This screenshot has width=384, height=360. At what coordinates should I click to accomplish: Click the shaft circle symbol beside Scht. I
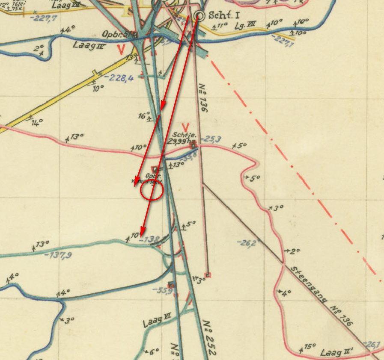pyautogui.click(x=199, y=16)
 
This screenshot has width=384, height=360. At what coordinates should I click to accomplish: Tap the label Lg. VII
pyautogui.click(x=245, y=27)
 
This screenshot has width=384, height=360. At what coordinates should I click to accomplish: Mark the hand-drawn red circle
pyautogui.click(x=152, y=190)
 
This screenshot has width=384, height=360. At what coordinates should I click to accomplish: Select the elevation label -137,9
pyautogui.click(x=57, y=255)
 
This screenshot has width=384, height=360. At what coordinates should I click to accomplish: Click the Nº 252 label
pyautogui.click(x=210, y=338)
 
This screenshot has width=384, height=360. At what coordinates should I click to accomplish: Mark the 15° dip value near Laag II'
pyautogui.click(x=309, y=347)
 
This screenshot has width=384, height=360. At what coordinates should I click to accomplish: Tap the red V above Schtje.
pyautogui.click(x=185, y=127)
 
